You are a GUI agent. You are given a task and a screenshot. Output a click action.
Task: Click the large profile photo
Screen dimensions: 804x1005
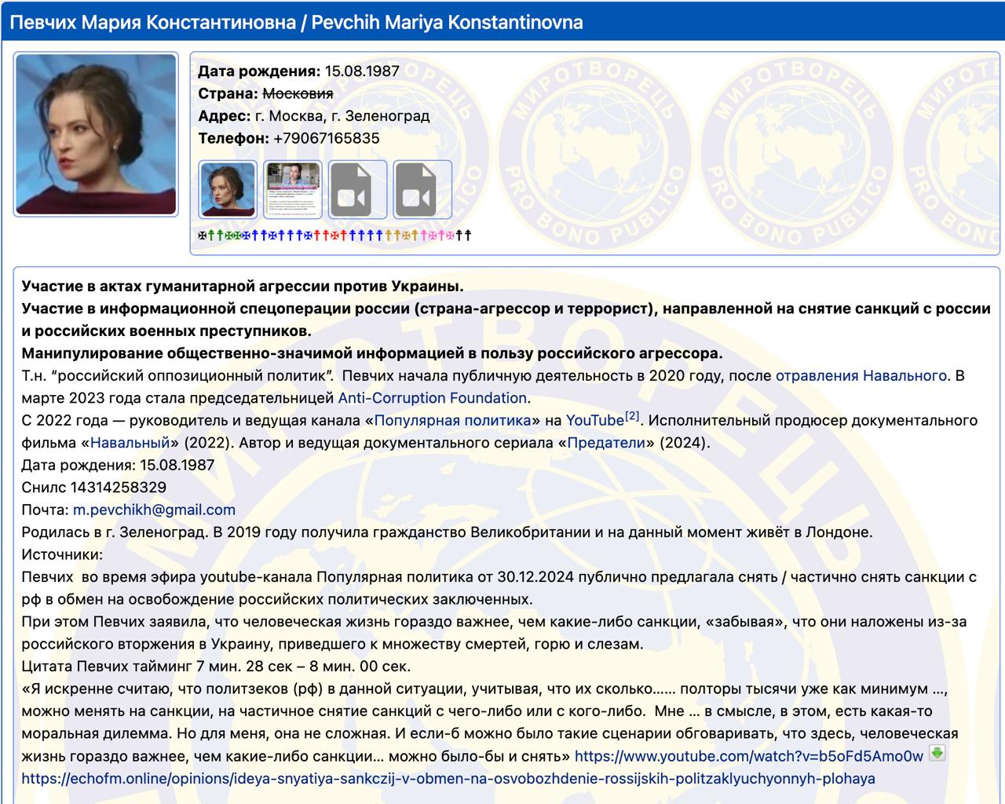96,133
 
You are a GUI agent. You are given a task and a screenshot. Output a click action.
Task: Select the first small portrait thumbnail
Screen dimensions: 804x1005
228,190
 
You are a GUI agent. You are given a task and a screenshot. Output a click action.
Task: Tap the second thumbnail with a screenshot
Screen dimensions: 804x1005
293,190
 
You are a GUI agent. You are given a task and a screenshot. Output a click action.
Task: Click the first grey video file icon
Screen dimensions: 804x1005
357,190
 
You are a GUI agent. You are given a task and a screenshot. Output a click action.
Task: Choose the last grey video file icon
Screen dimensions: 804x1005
422,190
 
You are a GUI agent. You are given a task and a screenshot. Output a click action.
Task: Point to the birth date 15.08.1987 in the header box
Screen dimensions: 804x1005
362,71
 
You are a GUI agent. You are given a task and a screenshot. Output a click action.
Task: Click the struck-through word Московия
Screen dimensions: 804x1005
298,93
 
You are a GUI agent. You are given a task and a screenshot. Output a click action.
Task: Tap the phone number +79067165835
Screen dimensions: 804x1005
326,138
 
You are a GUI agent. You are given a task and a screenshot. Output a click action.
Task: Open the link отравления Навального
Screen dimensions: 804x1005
861,375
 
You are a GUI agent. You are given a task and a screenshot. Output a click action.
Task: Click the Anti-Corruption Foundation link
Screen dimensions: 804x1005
432,398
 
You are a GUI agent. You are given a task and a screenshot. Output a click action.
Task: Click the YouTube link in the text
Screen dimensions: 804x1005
594,420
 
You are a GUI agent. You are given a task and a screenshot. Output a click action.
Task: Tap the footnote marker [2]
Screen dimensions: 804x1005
632,415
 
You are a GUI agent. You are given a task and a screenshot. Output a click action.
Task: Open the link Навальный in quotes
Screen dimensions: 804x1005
130,443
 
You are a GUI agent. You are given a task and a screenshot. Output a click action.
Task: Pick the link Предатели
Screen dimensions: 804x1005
605,443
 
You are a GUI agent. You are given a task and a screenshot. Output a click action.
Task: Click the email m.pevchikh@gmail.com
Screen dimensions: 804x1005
154,510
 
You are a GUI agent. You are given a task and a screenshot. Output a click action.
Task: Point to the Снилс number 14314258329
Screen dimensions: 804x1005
118,488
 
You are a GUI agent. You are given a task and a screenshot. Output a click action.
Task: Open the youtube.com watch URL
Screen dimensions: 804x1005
748,756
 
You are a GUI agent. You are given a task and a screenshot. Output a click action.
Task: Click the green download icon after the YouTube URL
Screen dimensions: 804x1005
937,754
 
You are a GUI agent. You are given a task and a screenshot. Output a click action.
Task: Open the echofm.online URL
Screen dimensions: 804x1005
448,779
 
